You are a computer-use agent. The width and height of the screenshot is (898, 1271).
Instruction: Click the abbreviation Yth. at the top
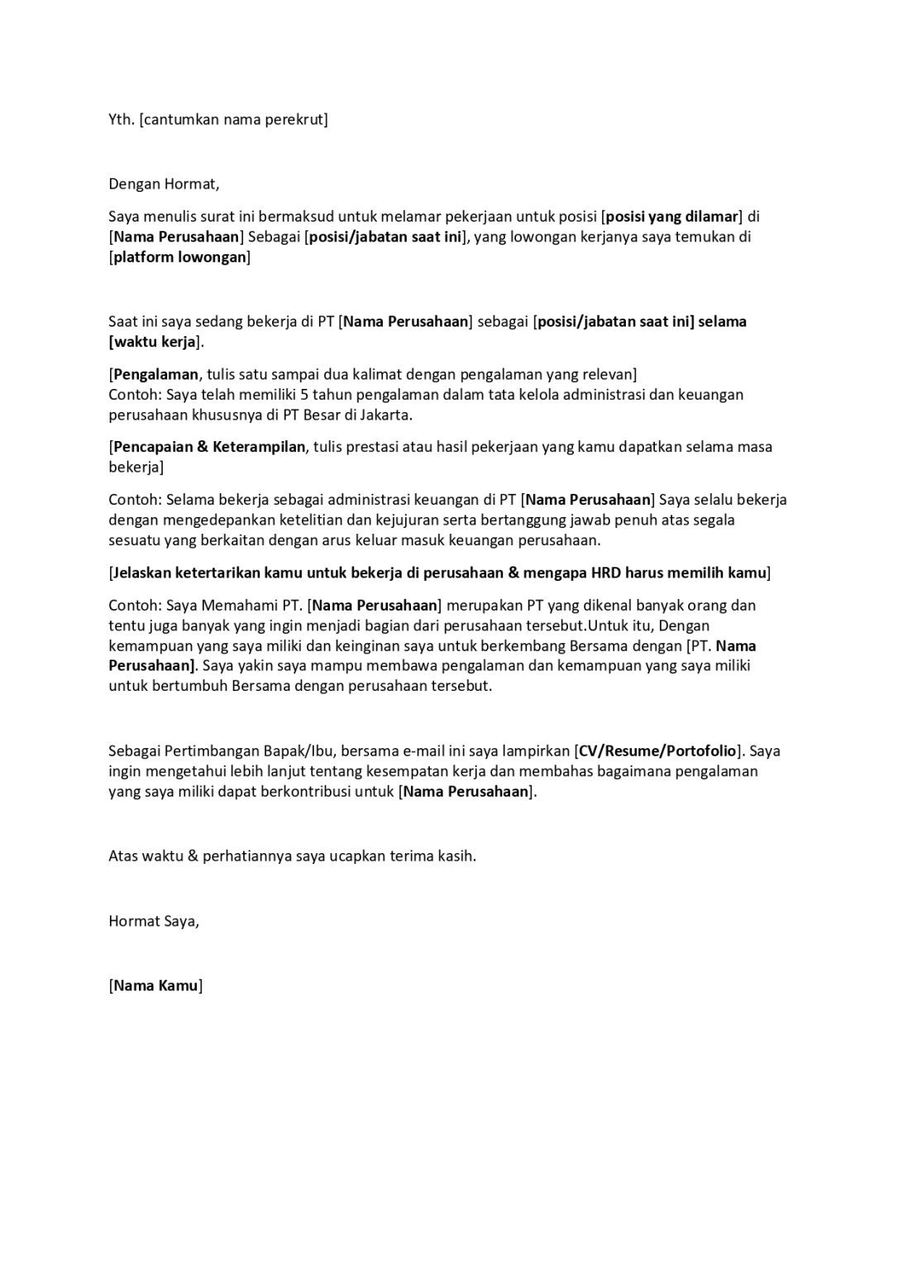coord(121,119)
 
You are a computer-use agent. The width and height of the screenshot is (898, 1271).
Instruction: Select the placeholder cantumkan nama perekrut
coord(234,119)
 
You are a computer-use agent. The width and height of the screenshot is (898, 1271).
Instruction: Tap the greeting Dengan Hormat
coord(164,184)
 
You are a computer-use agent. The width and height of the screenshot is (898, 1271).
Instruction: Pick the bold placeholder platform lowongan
coord(179,257)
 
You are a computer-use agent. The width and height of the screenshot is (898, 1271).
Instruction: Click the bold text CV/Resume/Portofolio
coord(657,751)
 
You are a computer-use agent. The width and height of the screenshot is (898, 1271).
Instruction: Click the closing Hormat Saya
coord(154,920)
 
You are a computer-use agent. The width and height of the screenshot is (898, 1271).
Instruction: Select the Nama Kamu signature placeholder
coord(155,986)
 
